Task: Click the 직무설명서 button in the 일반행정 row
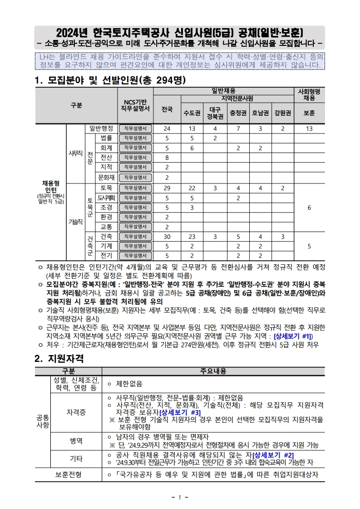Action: (135, 128)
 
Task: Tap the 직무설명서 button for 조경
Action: (135, 208)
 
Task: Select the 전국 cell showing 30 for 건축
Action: (167, 236)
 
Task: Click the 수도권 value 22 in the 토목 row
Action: (192, 188)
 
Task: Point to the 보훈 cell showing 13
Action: (309, 128)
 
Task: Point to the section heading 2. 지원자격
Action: (59, 358)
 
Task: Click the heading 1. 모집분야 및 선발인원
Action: (110, 80)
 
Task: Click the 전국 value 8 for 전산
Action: (167, 158)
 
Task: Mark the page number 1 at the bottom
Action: (180, 497)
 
